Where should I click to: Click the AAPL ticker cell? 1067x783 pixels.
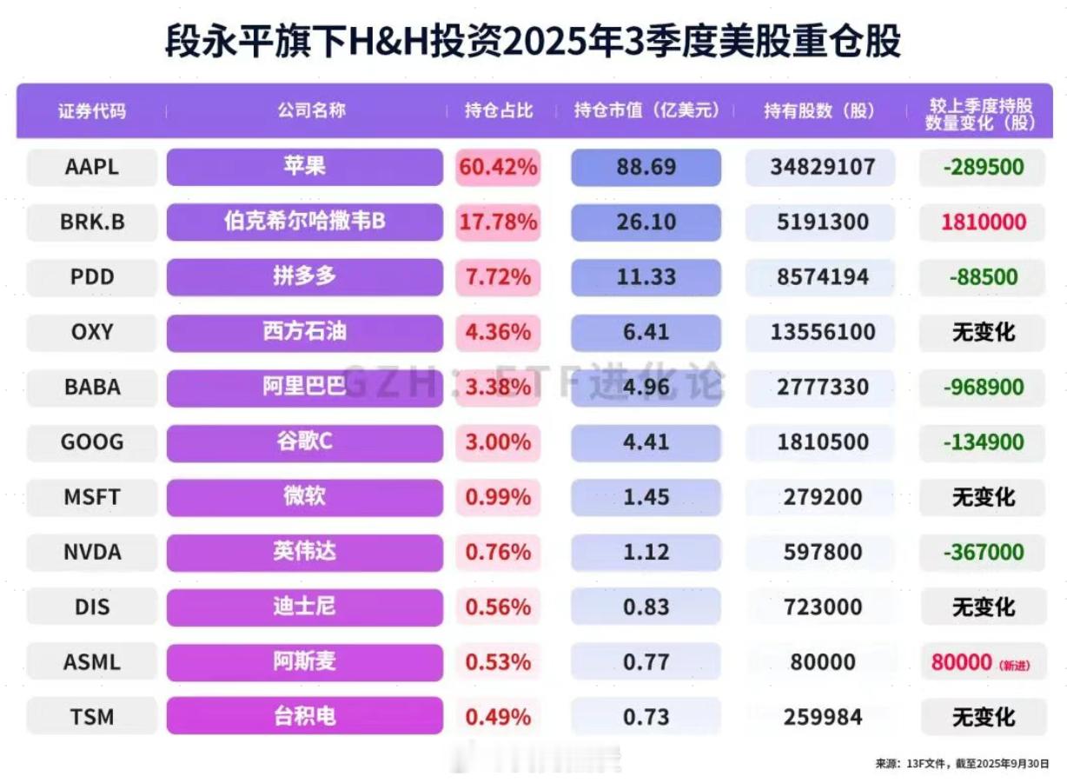click(92, 167)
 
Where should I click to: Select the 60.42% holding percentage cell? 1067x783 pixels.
click(498, 167)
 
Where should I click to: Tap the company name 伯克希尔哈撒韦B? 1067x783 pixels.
click(304, 222)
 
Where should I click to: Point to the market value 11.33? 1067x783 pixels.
click(646, 277)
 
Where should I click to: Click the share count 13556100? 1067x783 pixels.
click(822, 332)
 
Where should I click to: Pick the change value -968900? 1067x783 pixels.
click(983, 387)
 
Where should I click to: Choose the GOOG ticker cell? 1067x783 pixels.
click(92, 441)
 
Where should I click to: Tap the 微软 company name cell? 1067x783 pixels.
click(304, 496)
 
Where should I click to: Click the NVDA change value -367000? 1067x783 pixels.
click(983, 552)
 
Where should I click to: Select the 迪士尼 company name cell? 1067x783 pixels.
click(304, 607)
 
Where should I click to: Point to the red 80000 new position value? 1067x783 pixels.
click(961, 662)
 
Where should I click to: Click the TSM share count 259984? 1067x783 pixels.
click(822, 717)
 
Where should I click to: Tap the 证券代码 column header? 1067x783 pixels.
click(92, 111)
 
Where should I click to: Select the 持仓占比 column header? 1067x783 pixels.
click(498, 111)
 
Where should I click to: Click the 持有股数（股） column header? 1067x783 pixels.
click(818, 111)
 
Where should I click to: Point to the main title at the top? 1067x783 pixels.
click(533, 41)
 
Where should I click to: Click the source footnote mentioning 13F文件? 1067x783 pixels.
click(964, 764)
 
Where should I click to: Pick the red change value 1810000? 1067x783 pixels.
click(983, 222)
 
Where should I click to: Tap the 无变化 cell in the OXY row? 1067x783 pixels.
click(983, 332)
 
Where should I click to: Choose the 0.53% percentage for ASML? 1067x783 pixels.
click(498, 662)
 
